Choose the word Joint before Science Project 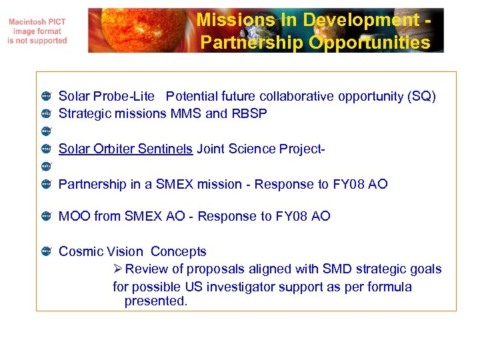point(211,149)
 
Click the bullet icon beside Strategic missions point(46,114)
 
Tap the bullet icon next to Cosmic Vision point(46,251)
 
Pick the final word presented point(155,301)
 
